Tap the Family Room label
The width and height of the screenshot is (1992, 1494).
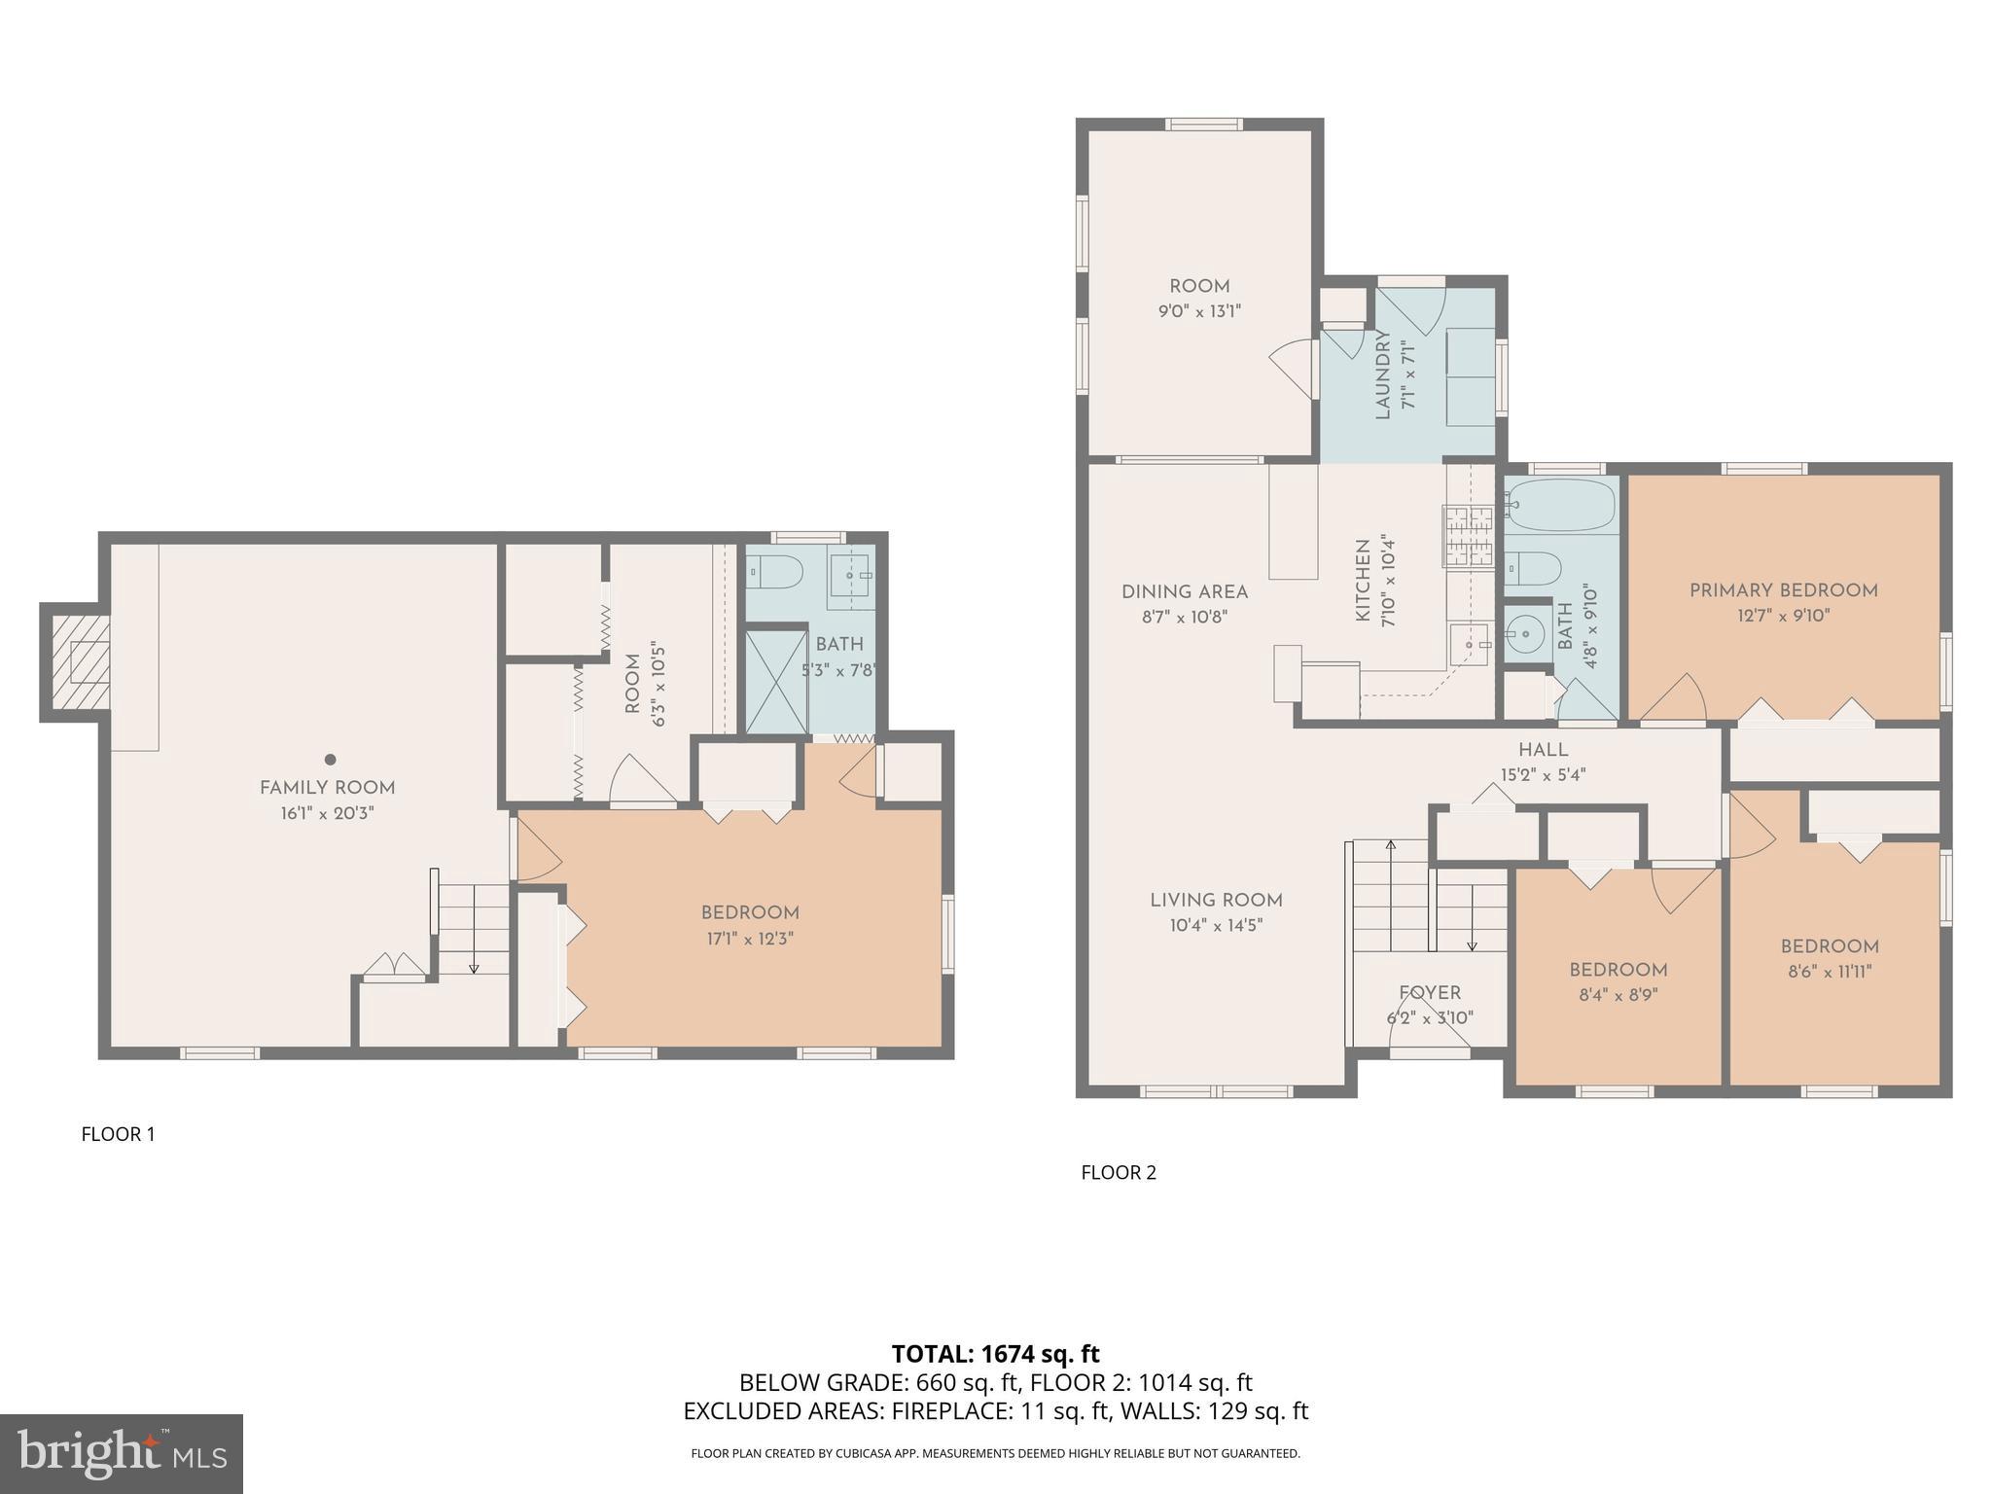click(327, 788)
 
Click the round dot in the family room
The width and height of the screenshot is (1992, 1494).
click(331, 760)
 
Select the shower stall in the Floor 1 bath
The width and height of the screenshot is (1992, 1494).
click(776, 681)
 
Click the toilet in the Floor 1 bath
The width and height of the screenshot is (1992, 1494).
click(775, 573)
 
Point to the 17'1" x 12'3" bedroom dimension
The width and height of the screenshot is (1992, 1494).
click(750, 939)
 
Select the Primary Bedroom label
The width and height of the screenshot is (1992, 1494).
click(1783, 590)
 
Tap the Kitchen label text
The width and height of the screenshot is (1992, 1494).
click(1363, 581)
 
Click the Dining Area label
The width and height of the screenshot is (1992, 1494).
click(1184, 591)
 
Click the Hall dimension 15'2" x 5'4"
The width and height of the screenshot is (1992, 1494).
click(1543, 775)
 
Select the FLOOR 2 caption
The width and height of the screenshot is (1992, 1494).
click(1119, 1172)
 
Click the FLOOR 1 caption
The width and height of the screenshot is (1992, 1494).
click(118, 1133)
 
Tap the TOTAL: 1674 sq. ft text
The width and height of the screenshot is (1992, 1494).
click(995, 1353)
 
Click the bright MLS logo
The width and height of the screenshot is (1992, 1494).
click(121, 1453)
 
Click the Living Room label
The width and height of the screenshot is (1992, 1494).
click(1216, 900)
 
